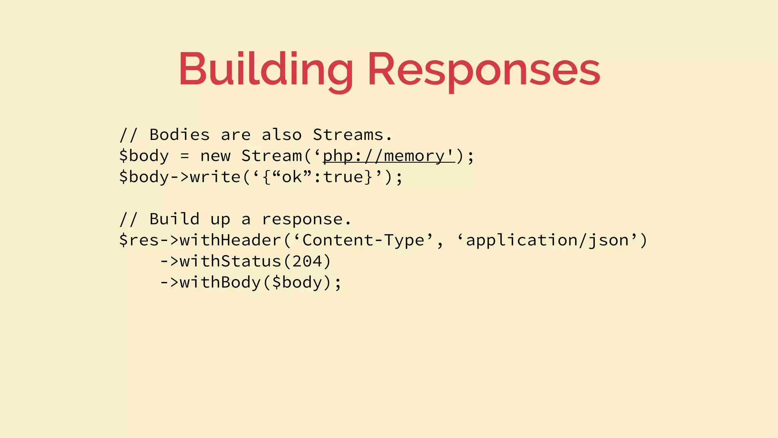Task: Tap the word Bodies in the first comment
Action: [179, 135]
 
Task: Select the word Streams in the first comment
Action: [348, 135]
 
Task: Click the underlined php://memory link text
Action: [388, 156]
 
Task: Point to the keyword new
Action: [215, 156]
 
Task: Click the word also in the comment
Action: [281, 135]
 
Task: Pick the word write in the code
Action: [215, 177]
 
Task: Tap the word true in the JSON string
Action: [343, 177]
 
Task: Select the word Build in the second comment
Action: [174, 219]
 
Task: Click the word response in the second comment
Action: [302, 219]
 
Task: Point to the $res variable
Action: [139, 240]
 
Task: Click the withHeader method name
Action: [230, 240]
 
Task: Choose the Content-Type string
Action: [363, 240]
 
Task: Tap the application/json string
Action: [547, 240]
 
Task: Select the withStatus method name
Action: [230, 262]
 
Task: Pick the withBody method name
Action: [220, 282]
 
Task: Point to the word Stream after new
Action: [271, 156]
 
